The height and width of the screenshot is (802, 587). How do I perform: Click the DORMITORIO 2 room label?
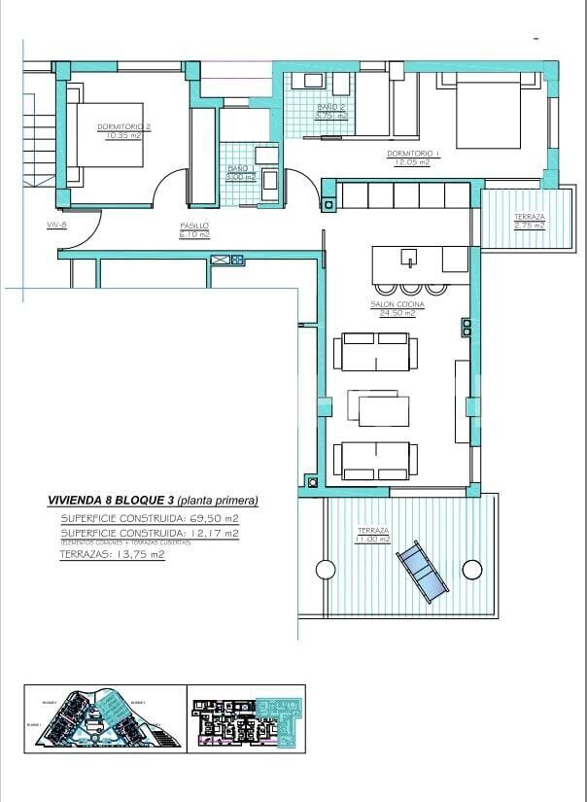point(121,127)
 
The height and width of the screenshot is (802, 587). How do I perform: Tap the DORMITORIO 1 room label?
point(414,154)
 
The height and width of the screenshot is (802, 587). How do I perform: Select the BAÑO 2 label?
point(331,107)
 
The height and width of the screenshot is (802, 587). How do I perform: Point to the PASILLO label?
point(194,226)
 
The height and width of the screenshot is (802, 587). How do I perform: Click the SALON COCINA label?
point(397,304)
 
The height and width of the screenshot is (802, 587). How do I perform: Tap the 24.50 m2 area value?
point(397,313)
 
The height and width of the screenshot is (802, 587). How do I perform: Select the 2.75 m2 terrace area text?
point(530,226)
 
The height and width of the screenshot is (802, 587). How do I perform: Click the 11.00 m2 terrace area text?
point(372,539)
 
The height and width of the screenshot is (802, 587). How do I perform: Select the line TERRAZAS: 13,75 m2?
point(112,554)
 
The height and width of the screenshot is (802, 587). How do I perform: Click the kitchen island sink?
point(410,257)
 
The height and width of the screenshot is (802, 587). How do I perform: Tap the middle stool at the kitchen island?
point(409,288)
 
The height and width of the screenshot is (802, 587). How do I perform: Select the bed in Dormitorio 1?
point(487,115)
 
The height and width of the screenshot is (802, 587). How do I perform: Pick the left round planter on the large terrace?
point(323,570)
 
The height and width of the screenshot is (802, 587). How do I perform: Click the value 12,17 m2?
point(213,534)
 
